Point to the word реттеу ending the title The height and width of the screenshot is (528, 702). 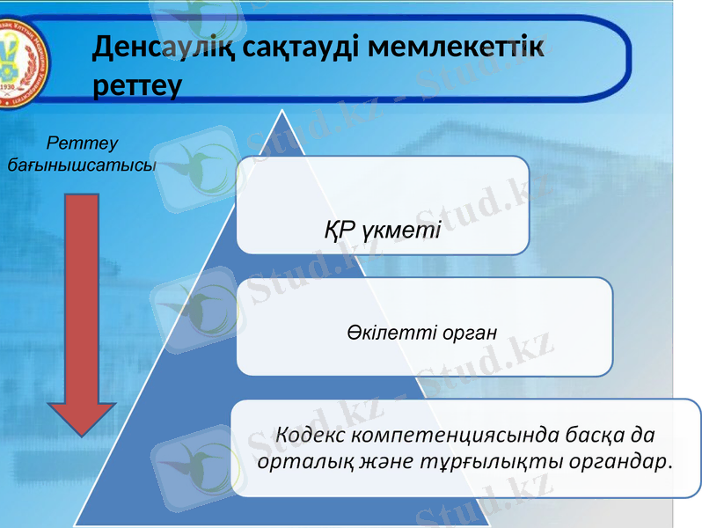pyautogui.click(x=136, y=85)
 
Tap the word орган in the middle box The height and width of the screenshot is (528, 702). pyautogui.click(x=464, y=334)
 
